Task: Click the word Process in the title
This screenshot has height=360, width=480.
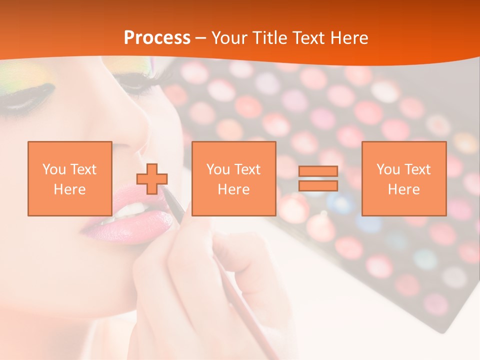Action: pyautogui.click(x=157, y=38)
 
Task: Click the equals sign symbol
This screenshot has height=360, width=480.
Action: pyautogui.click(x=318, y=178)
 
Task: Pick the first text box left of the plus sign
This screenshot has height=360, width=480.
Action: pyautogui.click(x=69, y=178)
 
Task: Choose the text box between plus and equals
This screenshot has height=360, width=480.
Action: pyautogui.click(x=233, y=178)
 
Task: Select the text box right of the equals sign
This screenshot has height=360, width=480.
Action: pyautogui.click(x=403, y=178)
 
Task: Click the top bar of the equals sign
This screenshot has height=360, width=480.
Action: pyautogui.click(x=318, y=171)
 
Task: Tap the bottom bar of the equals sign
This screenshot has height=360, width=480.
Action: pyautogui.click(x=318, y=186)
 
